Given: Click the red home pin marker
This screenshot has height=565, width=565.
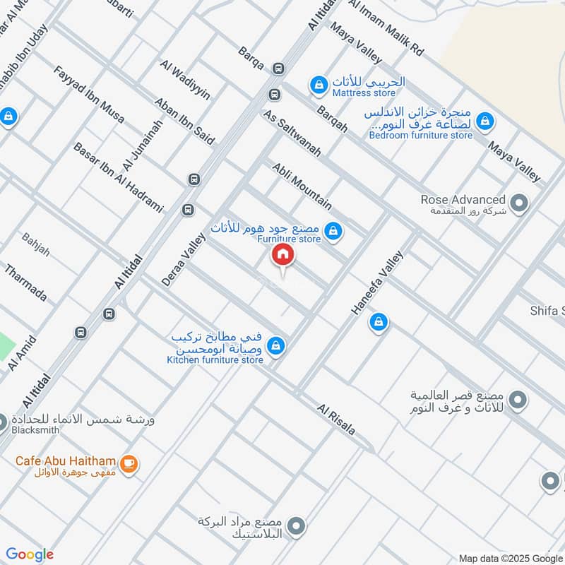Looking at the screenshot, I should coord(282,255).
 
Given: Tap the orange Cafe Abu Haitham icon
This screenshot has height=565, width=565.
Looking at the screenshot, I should coord(128,463).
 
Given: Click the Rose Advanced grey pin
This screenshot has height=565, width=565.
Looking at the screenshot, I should coord(519,205).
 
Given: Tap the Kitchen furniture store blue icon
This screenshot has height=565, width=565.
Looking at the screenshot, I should coord(277,345).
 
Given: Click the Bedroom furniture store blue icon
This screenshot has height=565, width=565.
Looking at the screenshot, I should coord(484,121).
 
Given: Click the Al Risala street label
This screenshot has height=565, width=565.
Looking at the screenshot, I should coord(336,420).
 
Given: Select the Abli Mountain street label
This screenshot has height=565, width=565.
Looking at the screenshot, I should coord(302,185).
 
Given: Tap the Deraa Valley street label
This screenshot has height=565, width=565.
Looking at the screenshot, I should coord(183,260).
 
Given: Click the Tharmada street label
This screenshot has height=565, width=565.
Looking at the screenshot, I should coord(26,282).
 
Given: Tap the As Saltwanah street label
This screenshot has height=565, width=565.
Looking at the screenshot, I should coord(292,133).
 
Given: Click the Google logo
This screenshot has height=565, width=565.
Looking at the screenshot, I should coord(30,554).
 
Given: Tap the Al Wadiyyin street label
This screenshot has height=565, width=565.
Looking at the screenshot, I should coord(186,80).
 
